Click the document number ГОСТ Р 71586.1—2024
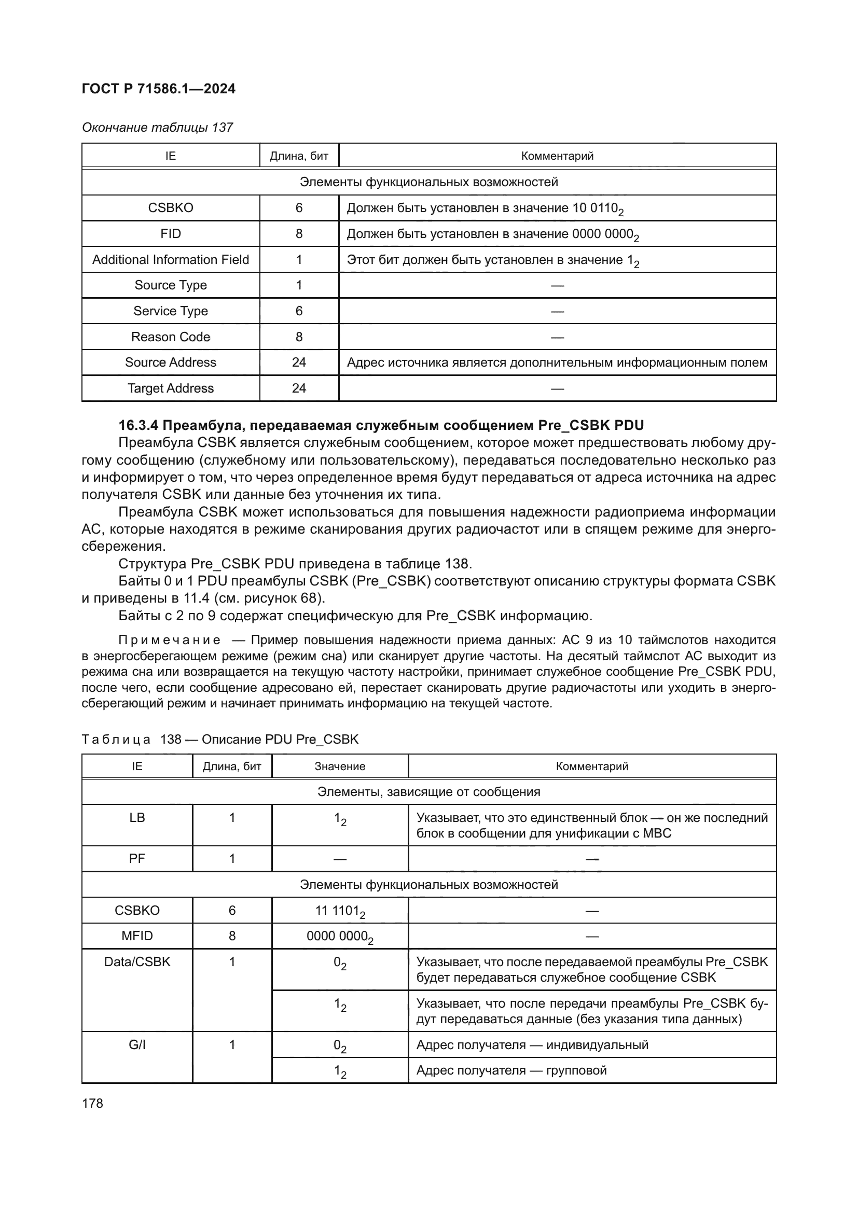coord(159,89)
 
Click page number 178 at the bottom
coord(92,1103)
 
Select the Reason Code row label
coord(171,337)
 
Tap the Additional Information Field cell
coord(171,259)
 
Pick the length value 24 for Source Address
coord(298,362)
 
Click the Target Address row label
coord(171,388)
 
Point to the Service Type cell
coord(171,311)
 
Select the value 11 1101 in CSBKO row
coord(340,911)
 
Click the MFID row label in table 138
coord(137,936)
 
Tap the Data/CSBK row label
coord(137,961)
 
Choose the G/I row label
coord(137,1044)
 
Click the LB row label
coord(137,817)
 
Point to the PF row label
coord(137,858)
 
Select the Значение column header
coord(340,766)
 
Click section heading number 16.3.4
coord(139,425)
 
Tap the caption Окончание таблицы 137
coord(158,128)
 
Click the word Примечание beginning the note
coord(169,640)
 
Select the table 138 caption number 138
coord(171,739)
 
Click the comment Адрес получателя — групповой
coord(511,1070)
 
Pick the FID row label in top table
coord(171,233)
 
